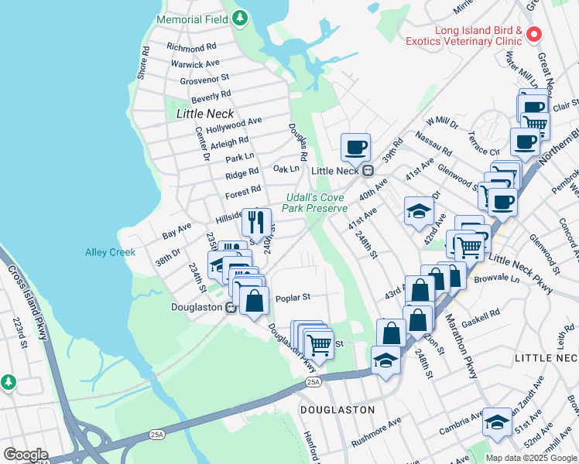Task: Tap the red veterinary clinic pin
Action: pos(534,34)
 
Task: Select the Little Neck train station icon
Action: pos(368,171)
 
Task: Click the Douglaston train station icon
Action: pos(230,308)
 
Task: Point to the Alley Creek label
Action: pos(110,252)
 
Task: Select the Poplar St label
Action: pos(293,296)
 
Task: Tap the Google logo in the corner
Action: pos(26,454)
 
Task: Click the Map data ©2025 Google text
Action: pos(530,458)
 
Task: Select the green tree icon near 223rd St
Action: pos(9,382)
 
